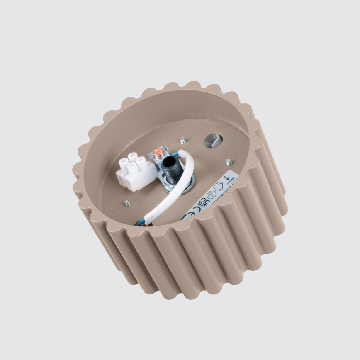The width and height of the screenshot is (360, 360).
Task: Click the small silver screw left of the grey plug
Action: coord(182,140)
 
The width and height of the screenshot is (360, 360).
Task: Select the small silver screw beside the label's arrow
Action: coord(229,161)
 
